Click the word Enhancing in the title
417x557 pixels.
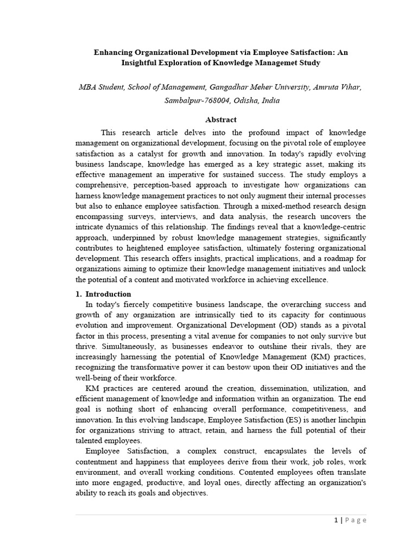tap(113, 53)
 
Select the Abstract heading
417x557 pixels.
tap(220, 120)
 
